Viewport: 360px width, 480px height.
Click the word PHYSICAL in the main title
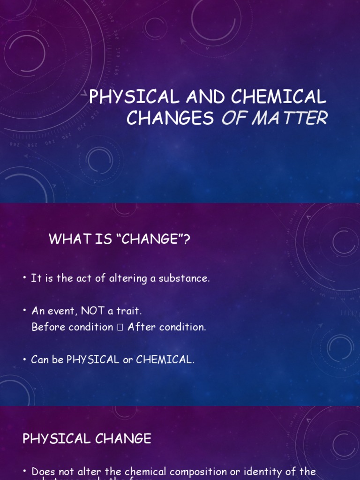135,97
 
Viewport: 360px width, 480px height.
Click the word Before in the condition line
49,327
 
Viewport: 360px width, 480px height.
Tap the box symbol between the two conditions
120,328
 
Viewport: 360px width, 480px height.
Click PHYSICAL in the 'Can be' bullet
93,360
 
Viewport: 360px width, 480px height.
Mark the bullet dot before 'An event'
24,311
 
